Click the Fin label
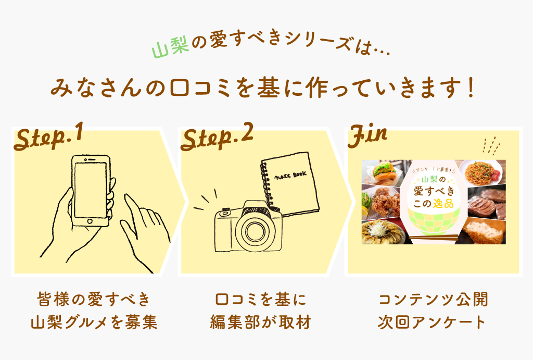[x=367, y=136]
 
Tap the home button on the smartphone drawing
[x=90, y=221]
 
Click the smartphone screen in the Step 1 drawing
[x=90, y=190]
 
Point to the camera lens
[x=253, y=231]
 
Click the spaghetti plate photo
[x=480, y=172]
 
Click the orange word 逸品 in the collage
[x=443, y=204]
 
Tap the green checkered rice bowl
[x=434, y=221]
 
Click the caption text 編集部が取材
[x=260, y=322]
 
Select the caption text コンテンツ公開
[x=433, y=300]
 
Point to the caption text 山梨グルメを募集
[x=94, y=322]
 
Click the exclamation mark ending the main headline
[x=471, y=88]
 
